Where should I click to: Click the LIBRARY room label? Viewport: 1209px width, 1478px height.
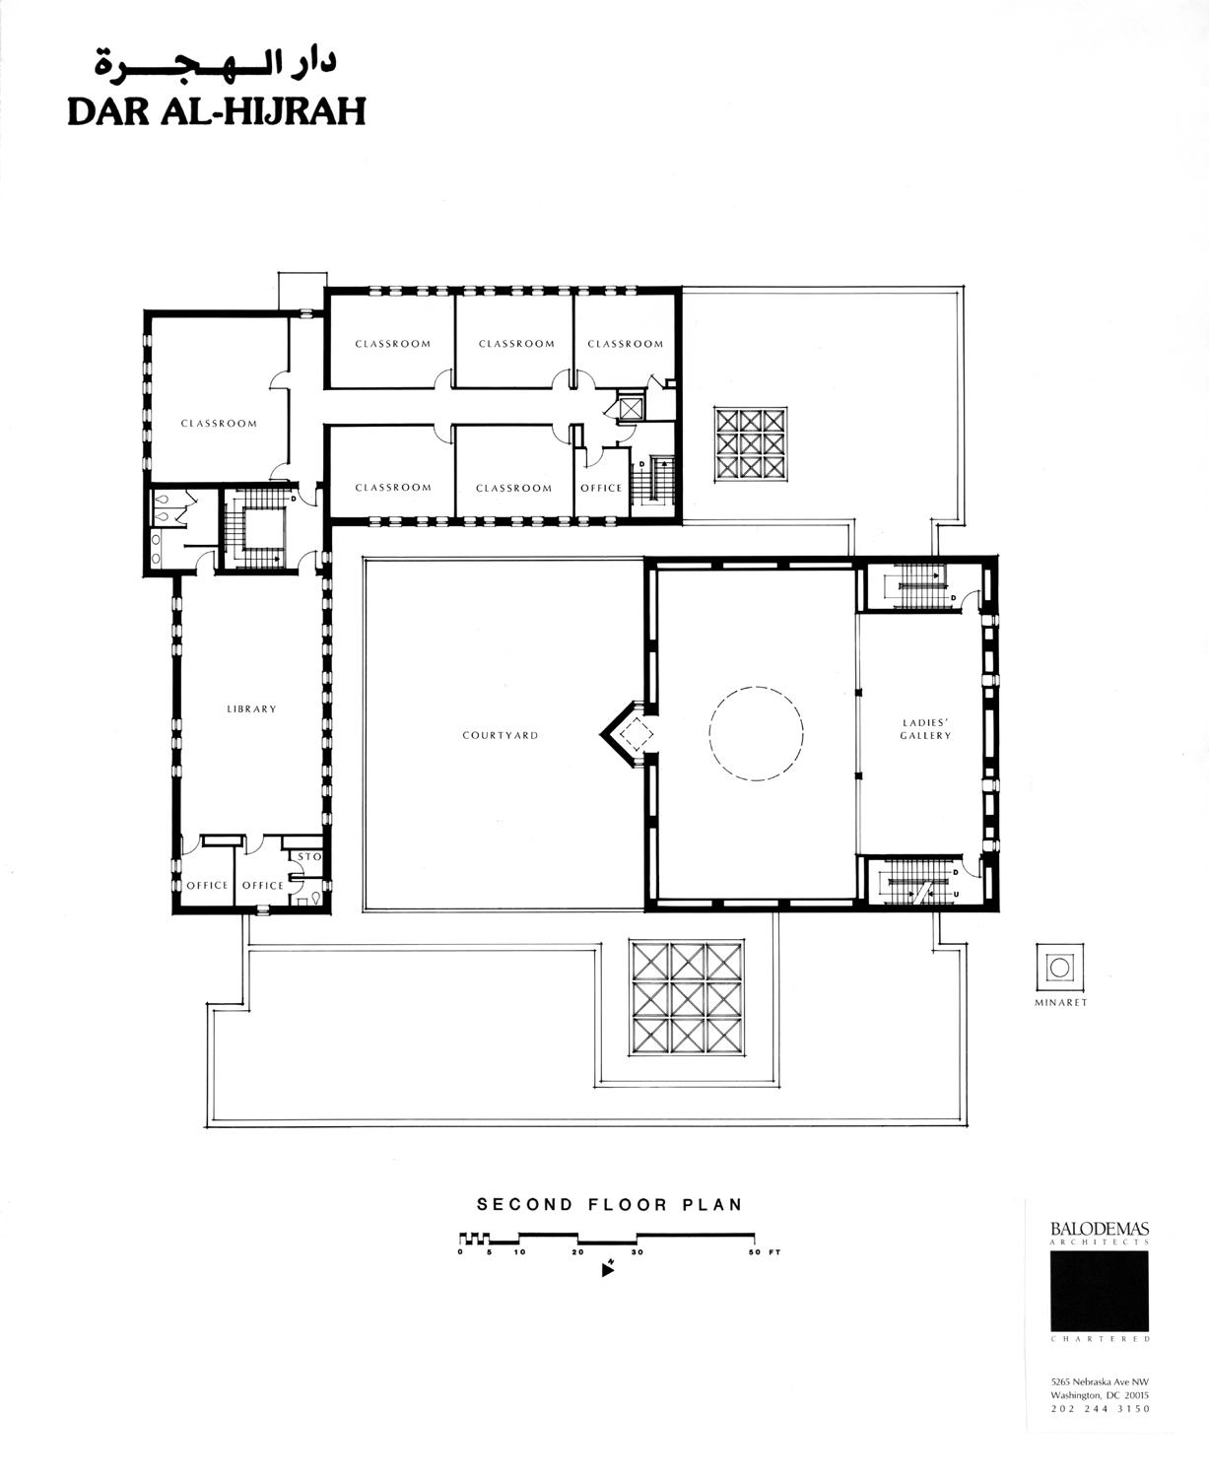(251, 708)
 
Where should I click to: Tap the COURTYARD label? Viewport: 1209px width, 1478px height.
(501, 735)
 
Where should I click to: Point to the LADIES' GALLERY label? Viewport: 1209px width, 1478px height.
(925, 729)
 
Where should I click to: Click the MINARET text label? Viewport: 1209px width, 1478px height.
(1061, 1003)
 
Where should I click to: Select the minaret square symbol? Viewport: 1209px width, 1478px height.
(1059, 968)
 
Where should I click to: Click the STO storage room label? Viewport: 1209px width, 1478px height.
(309, 856)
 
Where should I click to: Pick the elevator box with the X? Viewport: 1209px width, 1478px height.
(631, 408)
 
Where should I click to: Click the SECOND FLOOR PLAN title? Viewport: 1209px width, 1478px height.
(609, 1205)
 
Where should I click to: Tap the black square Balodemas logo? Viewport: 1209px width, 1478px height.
(1099, 1291)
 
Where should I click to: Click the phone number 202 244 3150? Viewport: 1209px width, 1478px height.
(1100, 1409)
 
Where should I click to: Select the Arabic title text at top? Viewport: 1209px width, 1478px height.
(215, 62)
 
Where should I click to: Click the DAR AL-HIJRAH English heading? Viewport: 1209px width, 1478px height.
(217, 111)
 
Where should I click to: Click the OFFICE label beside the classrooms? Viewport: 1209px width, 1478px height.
(601, 488)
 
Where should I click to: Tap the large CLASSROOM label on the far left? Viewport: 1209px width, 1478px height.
(219, 424)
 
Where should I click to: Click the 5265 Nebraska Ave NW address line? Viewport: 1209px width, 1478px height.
(1100, 1382)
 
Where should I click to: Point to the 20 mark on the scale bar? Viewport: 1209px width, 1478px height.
(577, 1251)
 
